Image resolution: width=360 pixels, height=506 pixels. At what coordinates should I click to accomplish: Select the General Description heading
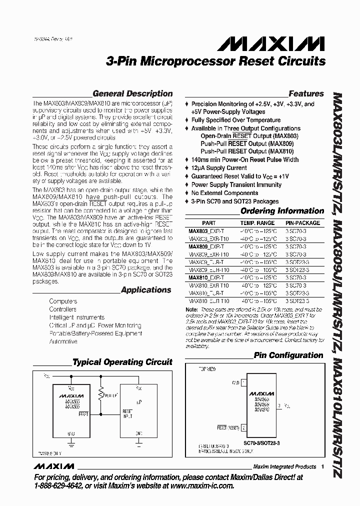[132, 93]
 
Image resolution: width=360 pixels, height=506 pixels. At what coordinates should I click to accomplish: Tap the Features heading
[306, 93]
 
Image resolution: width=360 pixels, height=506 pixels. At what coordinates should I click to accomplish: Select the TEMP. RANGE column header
[257, 223]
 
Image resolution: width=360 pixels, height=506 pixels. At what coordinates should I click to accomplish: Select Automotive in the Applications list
[63, 341]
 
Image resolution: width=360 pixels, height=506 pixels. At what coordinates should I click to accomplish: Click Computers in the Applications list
[63, 301]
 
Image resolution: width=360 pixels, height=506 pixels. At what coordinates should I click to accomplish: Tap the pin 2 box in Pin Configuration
[243, 427]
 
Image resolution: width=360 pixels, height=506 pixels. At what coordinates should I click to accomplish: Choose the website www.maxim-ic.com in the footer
[195, 485]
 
